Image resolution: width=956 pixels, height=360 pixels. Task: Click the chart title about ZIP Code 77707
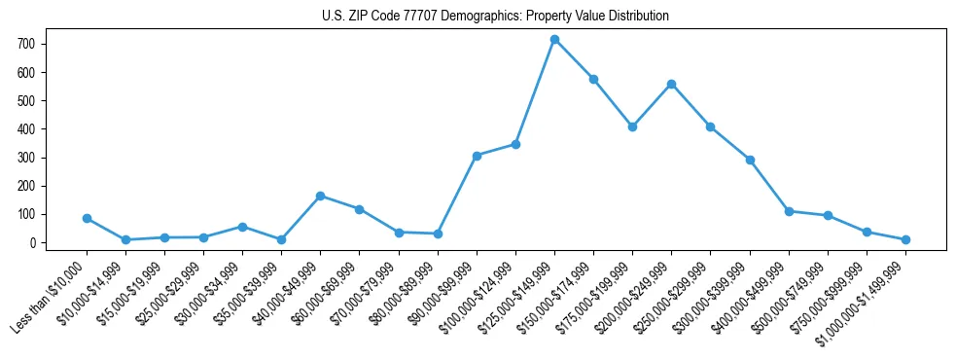coord(495,17)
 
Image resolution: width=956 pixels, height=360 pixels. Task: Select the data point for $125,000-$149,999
coord(554,40)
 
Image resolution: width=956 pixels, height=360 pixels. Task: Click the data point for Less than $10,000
coord(87,219)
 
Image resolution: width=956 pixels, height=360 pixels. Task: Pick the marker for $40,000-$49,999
coord(320,197)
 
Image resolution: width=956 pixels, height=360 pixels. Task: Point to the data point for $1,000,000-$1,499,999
coord(905,239)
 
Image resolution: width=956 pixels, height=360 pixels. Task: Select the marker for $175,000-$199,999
coord(632,126)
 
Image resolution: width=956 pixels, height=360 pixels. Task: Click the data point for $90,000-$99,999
coord(477,156)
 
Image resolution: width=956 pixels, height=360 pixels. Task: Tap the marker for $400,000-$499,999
coord(789,211)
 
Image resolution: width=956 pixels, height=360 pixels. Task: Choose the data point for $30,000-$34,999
coord(242,227)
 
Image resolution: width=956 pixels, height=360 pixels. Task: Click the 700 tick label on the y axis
coord(27,45)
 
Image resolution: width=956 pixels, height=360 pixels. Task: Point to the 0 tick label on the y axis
coord(33,243)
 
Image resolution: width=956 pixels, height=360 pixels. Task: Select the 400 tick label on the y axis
coord(27,129)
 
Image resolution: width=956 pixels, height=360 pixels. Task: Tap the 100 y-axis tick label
coord(27,215)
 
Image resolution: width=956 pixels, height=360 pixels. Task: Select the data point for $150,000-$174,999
coord(593,79)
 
